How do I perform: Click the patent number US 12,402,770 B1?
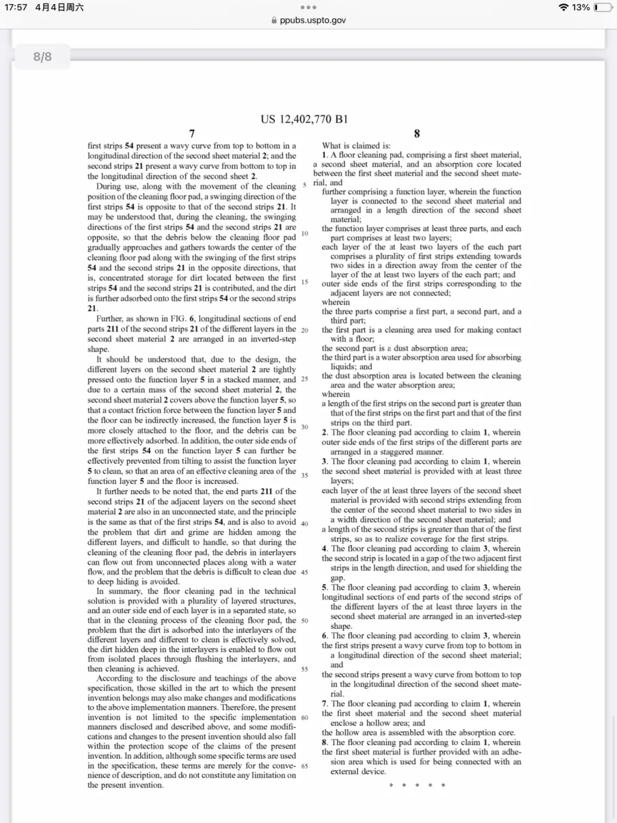304,119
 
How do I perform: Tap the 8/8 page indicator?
42,57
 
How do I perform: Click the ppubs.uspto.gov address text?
312,20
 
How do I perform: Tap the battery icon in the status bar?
602,7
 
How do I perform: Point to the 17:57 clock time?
15,7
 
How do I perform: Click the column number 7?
192,133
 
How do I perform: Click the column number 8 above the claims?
416,133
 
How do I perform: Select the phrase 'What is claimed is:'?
356,146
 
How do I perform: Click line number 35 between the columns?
305,476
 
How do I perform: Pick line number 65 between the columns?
305,766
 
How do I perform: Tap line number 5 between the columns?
305,185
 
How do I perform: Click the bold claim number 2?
324,433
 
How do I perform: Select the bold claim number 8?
324,742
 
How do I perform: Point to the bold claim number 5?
324,588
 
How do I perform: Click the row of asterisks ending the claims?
416,785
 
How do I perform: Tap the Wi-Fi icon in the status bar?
563,7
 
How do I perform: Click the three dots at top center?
308,7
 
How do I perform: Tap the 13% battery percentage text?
580,7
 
